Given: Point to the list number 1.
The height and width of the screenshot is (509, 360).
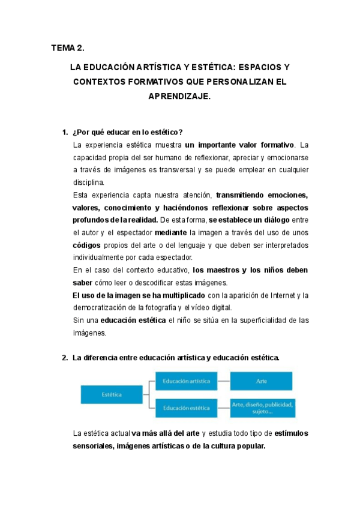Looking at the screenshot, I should (64, 132).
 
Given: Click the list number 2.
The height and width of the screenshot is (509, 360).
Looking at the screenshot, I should (64, 358).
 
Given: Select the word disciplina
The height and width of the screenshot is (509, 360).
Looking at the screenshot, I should (88, 182).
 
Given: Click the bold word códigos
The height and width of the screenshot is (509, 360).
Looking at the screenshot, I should (86, 245).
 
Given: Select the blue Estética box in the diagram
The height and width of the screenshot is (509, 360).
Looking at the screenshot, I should (111, 394).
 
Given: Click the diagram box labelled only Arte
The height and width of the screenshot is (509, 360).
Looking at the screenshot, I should (262, 381).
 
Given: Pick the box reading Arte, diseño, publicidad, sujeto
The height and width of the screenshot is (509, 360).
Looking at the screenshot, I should (262, 408).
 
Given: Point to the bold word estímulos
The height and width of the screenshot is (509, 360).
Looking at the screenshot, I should (292, 433).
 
